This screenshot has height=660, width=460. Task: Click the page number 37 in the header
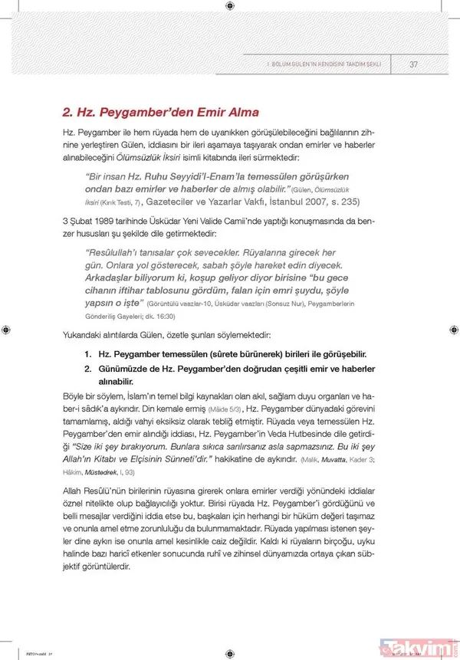pyautogui.click(x=413, y=64)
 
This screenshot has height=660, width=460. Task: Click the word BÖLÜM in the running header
pyautogui.click(x=278, y=64)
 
